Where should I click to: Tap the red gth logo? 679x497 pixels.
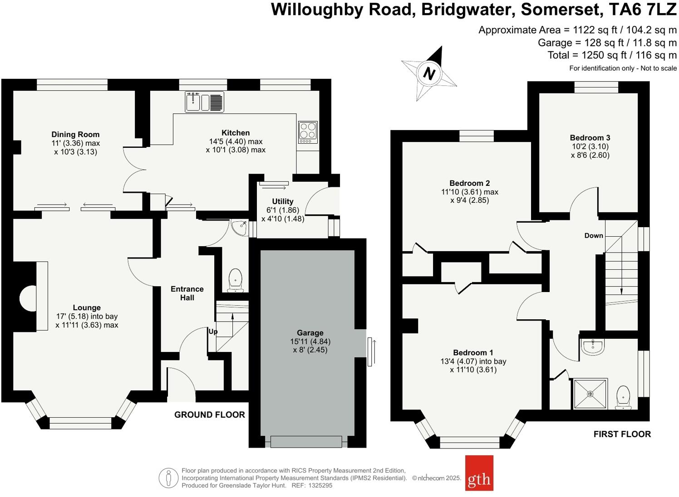click(x=479, y=473)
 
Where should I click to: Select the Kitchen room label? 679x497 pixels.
click(x=235, y=133)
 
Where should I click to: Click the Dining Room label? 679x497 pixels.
click(x=75, y=134)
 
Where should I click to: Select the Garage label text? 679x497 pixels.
click(x=310, y=333)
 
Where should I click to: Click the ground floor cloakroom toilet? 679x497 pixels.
click(x=235, y=280)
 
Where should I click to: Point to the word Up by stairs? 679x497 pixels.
click(x=213, y=331)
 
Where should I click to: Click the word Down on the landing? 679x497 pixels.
click(x=594, y=235)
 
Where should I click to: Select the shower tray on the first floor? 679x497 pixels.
click(x=590, y=394)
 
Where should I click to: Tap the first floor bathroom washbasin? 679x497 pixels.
click(x=594, y=347)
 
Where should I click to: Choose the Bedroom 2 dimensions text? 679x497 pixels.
click(x=470, y=196)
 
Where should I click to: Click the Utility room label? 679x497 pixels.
click(x=283, y=201)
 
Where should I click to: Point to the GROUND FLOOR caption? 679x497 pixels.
click(x=210, y=414)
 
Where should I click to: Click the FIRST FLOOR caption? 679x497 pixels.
click(x=622, y=434)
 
